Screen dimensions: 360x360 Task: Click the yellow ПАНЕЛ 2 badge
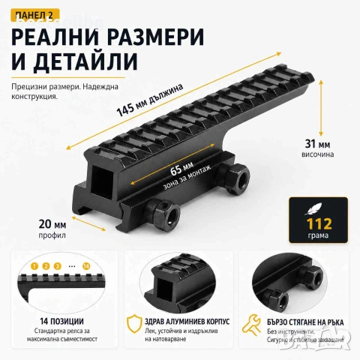35,15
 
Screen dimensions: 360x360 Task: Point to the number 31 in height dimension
310,144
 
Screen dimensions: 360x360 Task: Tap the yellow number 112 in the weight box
319,223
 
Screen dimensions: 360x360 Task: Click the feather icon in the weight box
313,208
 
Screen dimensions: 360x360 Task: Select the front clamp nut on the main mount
163,213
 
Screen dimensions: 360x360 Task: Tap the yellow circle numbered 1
34,266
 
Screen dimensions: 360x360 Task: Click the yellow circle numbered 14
86,266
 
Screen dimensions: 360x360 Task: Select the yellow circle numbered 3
58,266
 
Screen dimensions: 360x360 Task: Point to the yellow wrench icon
251,325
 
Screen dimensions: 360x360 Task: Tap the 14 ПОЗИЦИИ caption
62,321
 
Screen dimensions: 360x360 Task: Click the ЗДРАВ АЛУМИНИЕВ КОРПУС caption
187,321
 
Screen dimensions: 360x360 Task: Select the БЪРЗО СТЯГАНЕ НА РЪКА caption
305,322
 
